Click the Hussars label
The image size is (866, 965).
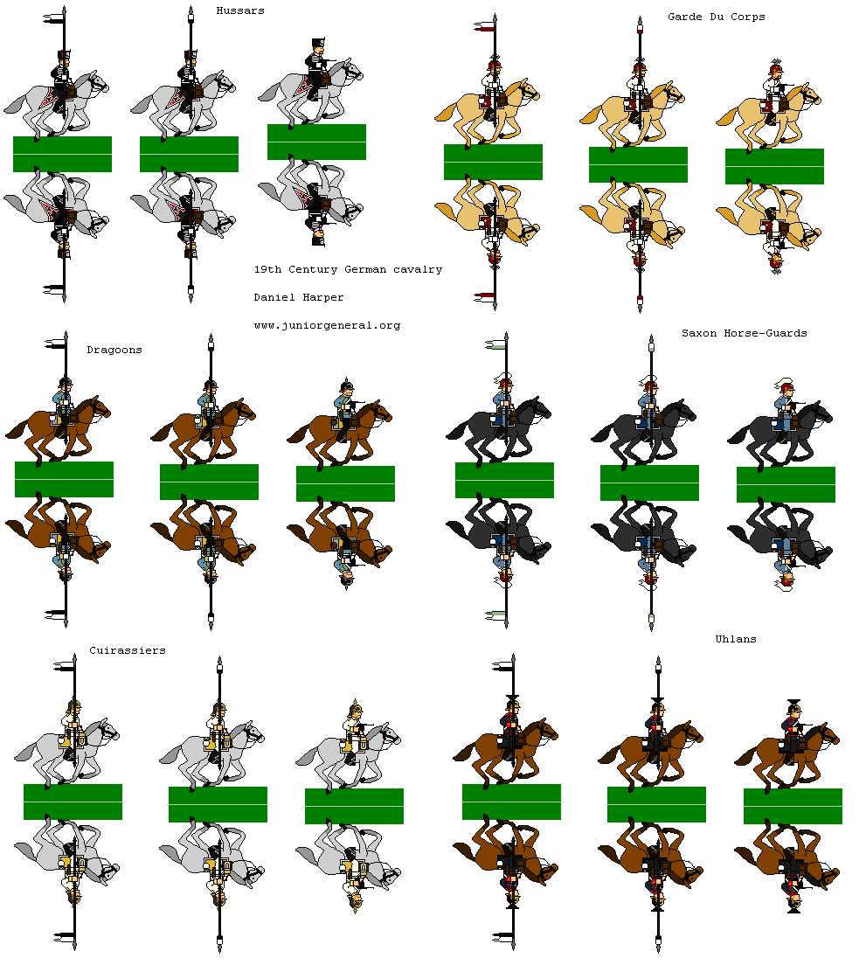pos(240,10)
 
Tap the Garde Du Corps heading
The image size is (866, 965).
pos(716,17)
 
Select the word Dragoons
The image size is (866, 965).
pos(114,350)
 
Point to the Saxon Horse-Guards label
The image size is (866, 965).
pos(744,333)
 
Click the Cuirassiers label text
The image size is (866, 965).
pos(127,650)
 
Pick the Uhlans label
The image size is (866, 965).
pos(735,639)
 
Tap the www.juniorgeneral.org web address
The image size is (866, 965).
pos(327,325)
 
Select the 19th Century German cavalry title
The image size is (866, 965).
pos(348,269)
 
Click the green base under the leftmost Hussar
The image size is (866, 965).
pos(62,154)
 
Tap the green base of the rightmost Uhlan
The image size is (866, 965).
pos(792,806)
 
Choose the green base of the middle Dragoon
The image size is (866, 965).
pos(209,482)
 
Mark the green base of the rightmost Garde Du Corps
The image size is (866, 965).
pos(774,166)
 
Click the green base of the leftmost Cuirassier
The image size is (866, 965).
pos(73,802)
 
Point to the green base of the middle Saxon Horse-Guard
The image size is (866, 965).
pos(649,482)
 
